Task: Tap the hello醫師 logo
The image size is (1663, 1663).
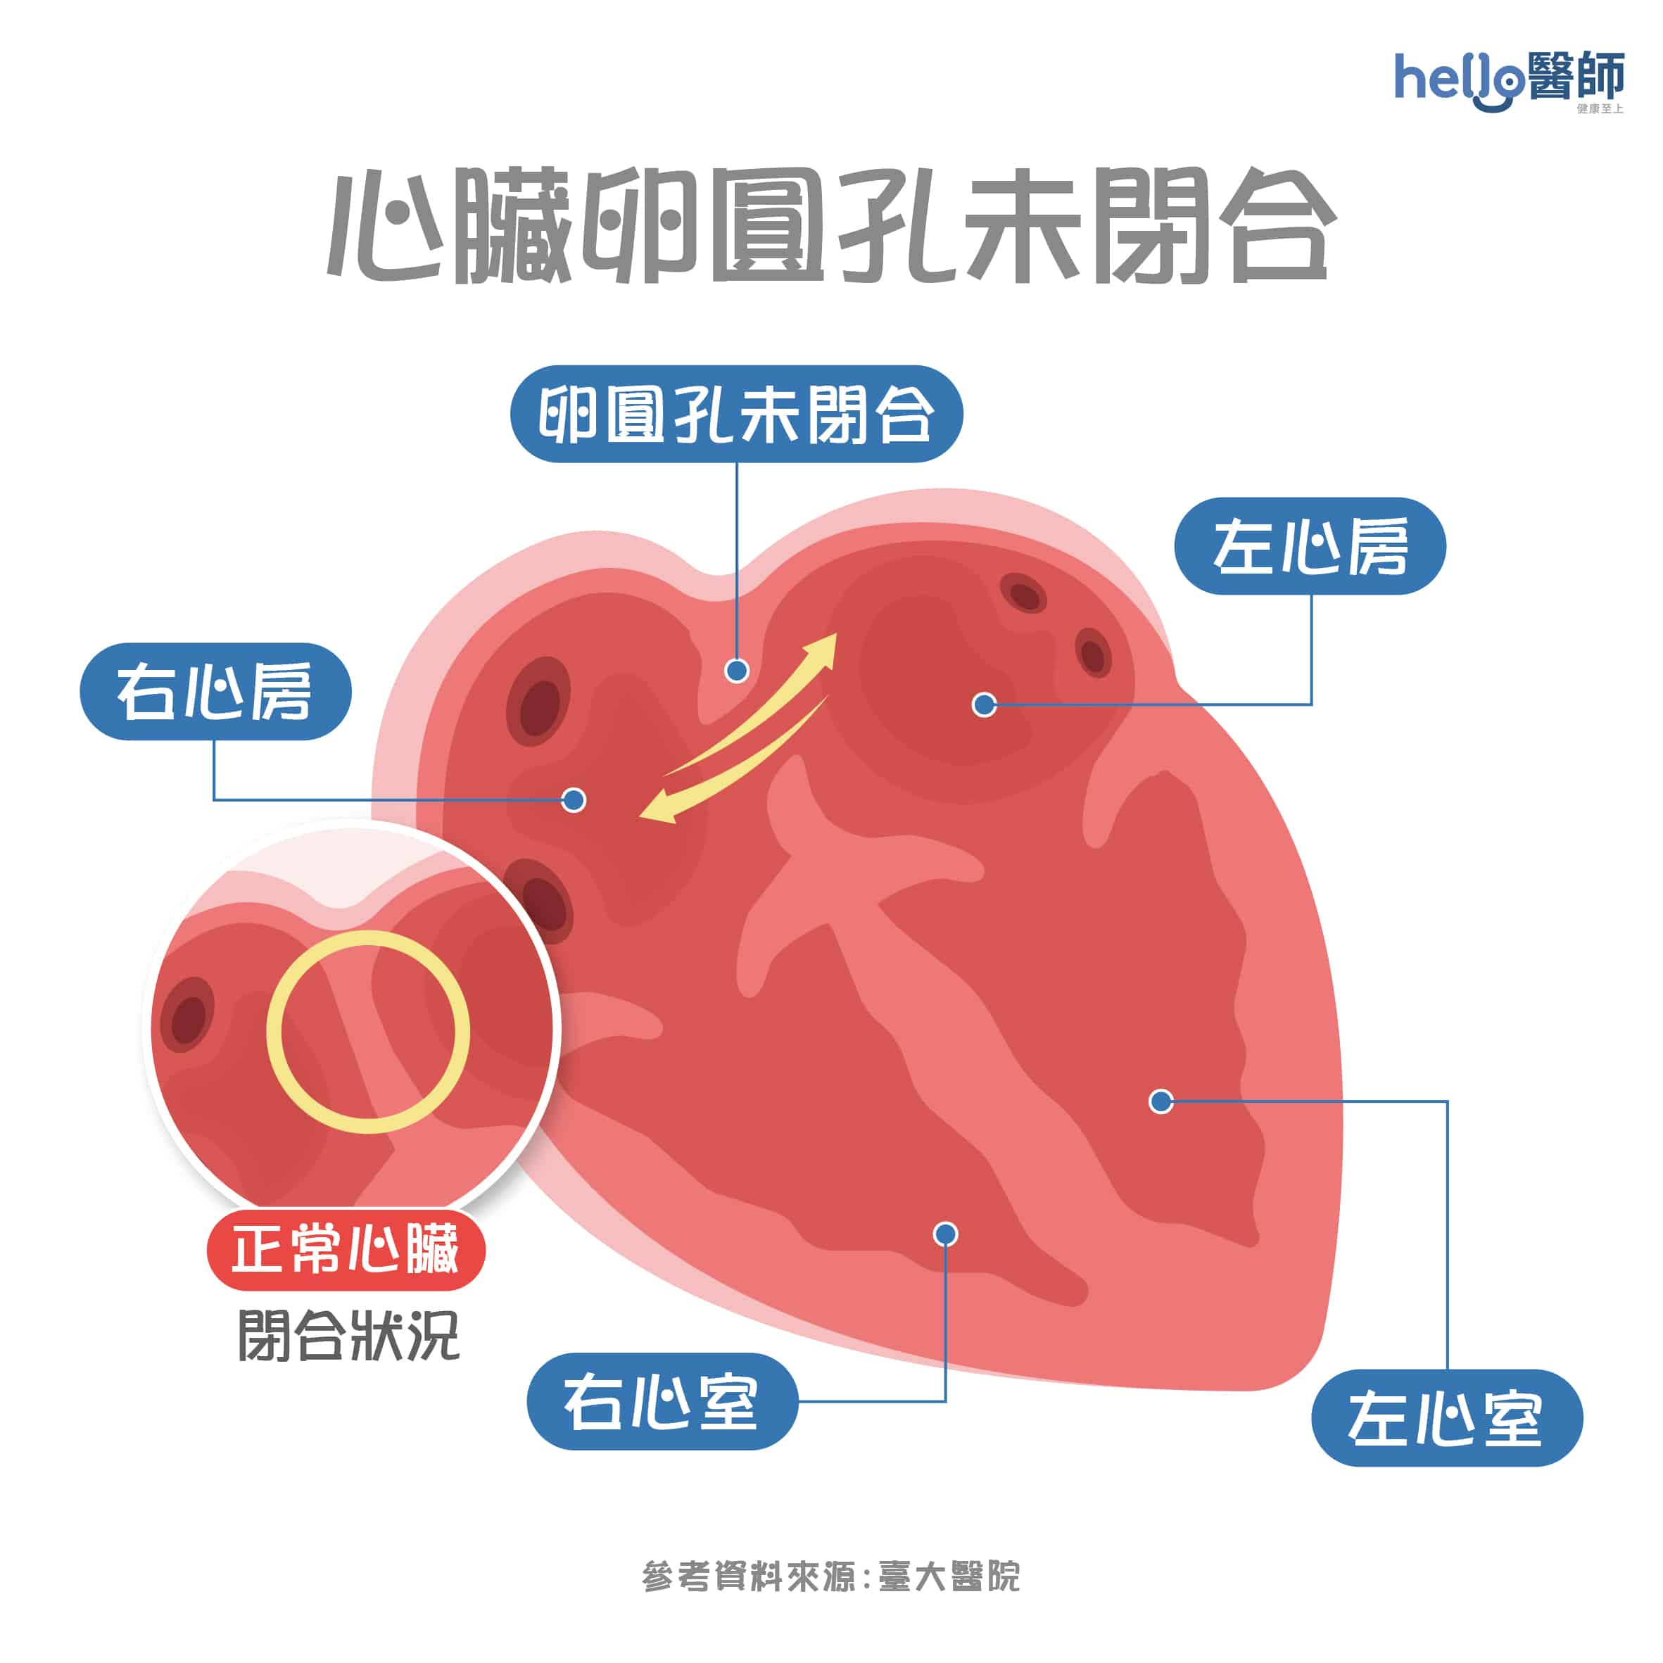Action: pyautogui.click(x=1509, y=81)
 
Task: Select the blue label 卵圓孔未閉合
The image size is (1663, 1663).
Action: pyautogui.click(x=737, y=414)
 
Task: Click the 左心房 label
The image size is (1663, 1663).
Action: pyautogui.click(x=1310, y=545)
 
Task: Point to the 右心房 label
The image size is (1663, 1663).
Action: pyautogui.click(x=215, y=691)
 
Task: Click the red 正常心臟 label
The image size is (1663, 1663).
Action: pyautogui.click(x=346, y=1249)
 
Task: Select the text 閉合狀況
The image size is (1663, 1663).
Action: pyautogui.click(x=348, y=1335)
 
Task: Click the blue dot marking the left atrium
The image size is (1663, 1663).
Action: pyautogui.click(x=984, y=705)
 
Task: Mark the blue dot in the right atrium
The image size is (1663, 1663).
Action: pyautogui.click(x=574, y=799)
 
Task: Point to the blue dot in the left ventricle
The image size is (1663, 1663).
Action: pyautogui.click(x=1161, y=1100)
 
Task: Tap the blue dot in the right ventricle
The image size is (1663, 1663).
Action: pyautogui.click(x=946, y=1234)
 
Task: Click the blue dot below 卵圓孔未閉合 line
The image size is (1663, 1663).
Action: pyautogui.click(x=737, y=671)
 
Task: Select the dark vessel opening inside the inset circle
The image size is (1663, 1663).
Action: pyautogui.click(x=188, y=1016)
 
